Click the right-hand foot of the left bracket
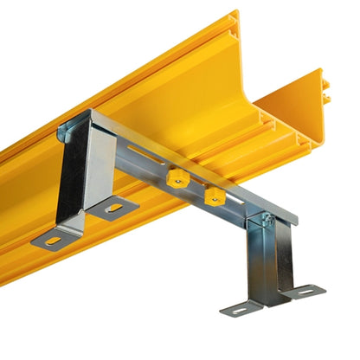point(115,208)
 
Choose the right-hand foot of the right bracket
point(303,292)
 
